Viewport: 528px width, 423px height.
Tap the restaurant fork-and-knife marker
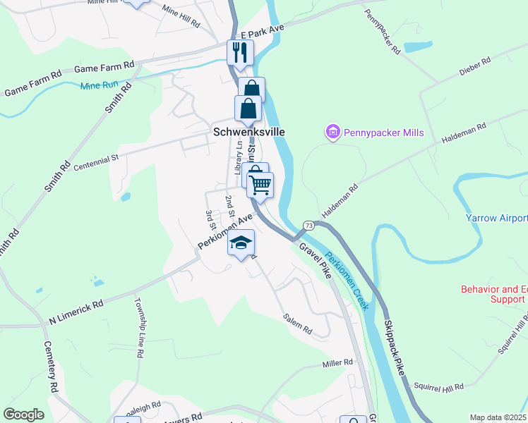pos(240,52)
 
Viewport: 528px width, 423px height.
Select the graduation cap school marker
pos(241,243)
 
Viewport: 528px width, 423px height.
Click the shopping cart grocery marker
pos(260,185)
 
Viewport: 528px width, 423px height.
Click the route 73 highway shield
pos(308,224)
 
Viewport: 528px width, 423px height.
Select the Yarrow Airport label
pos(496,218)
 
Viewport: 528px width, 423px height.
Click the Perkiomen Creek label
pos(347,278)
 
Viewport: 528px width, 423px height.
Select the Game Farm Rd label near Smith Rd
pos(104,68)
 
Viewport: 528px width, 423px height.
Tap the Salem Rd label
pos(297,324)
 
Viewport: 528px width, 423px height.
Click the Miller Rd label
pos(337,362)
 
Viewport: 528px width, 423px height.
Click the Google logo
pos(23,414)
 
